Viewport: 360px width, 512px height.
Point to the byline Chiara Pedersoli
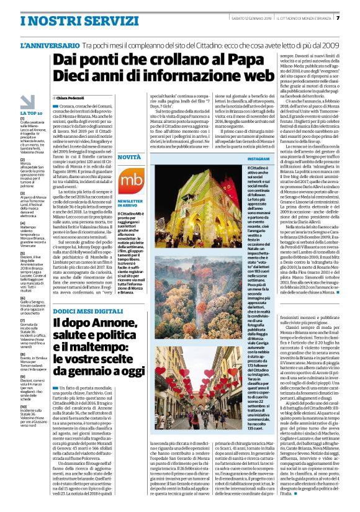pos(74,98)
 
